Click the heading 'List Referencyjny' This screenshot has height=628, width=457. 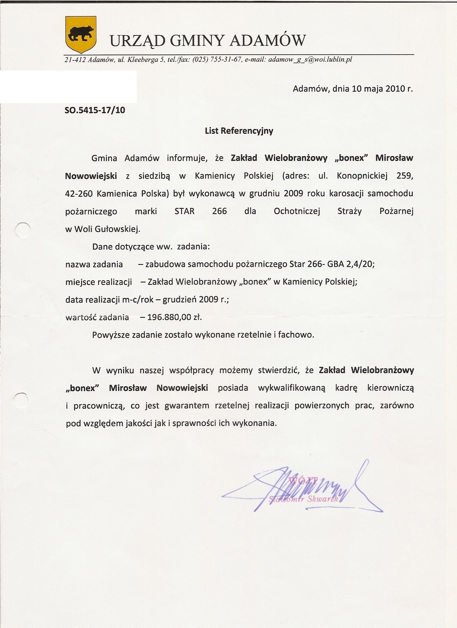[239, 131]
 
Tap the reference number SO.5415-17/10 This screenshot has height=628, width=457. [95, 109]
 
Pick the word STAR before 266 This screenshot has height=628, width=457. [184, 211]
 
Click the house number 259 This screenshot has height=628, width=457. [405, 176]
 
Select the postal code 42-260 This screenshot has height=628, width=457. [79, 194]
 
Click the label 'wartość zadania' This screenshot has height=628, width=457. [97, 318]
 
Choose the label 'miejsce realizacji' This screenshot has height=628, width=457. [99, 282]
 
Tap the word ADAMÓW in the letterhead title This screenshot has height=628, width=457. [267, 41]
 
